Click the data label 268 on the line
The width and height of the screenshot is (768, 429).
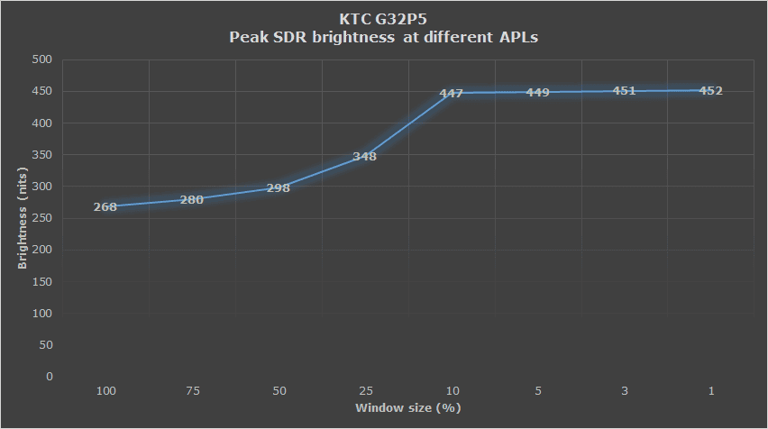pyautogui.click(x=105, y=206)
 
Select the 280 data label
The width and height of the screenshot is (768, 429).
pyautogui.click(x=192, y=199)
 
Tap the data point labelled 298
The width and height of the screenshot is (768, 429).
pyautogui.click(x=279, y=188)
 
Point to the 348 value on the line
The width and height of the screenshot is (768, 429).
pyautogui.click(x=365, y=157)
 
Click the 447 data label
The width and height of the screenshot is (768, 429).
pyautogui.click(x=452, y=94)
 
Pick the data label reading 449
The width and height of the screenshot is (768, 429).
pyautogui.click(x=538, y=92)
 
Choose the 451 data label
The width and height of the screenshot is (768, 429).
pyautogui.click(x=625, y=91)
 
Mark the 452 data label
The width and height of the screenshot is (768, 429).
pyautogui.click(x=711, y=91)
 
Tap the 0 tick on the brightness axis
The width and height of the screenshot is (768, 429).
pyautogui.click(x=50, y=377)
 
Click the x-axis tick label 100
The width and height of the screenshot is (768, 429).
pyautogui.click(x=105, y=392)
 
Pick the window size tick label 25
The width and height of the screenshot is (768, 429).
pyautogui.click(x=365, y=392)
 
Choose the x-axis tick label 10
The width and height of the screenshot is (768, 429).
pyautogui.click(x=452, y=392)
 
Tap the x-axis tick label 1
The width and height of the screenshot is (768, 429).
pyautogui.click(x=711, y=392)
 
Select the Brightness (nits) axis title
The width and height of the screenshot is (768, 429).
pyautogui.click(x=22, y=219)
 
